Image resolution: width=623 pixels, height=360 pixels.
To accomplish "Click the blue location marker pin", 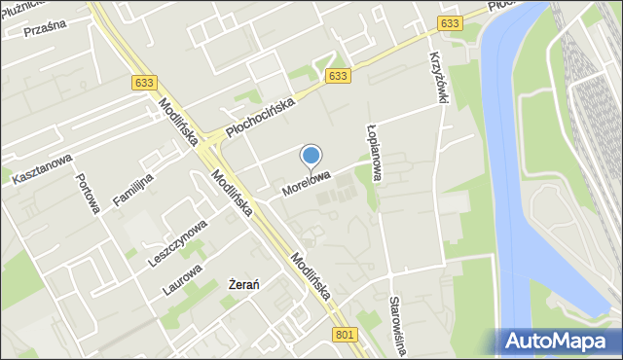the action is click(311, 156).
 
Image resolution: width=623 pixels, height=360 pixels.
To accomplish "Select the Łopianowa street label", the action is click(376, 153).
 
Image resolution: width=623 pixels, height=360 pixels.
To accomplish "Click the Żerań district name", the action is click(242, 284).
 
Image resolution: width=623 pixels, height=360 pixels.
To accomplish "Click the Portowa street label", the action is click(90, 191).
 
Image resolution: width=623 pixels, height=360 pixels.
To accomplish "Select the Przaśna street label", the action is click(44, 26).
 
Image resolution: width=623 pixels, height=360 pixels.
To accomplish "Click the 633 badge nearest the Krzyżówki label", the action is click(449, 23).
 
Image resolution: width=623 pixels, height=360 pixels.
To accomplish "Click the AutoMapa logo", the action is click(563, 342).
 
